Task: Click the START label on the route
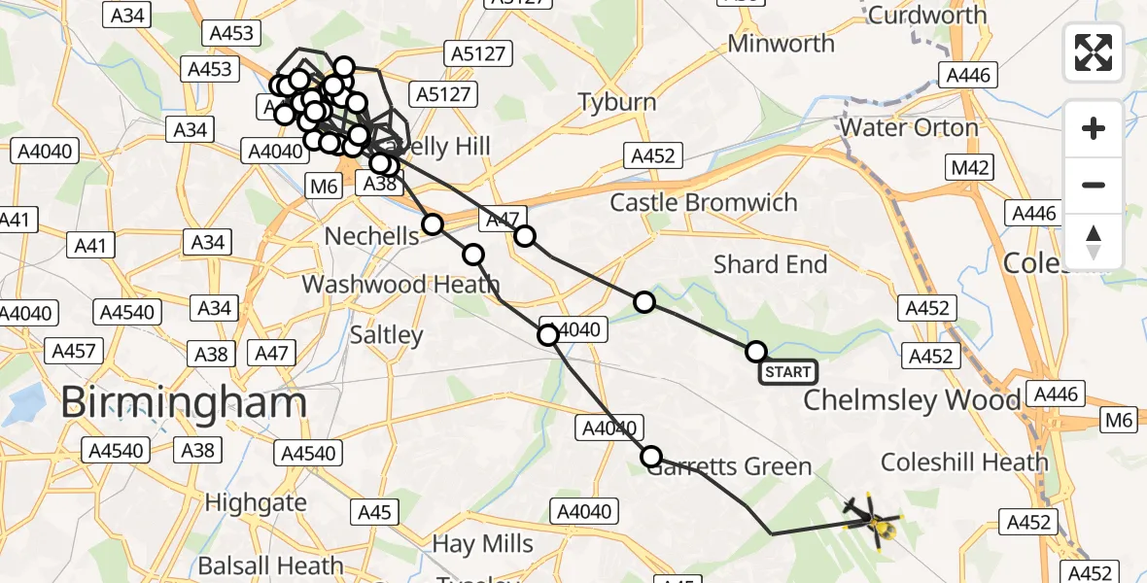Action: (x=787, y=371)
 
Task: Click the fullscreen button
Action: (x=1094, y=52)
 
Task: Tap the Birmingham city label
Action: (x=184, y=402)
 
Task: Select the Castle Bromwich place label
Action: (x=704, y=202)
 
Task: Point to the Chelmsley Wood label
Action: (x=912, y=399)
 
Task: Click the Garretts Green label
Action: (x=729, y=467)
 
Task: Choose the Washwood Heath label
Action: (x=400, y=285)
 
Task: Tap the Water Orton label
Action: (x=909, y=127)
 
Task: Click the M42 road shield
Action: (x=970, y=167)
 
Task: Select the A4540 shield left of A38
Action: (x=117, y=450)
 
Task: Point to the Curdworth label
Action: (x=926, y=16)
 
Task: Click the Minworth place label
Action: (x=781, y=44)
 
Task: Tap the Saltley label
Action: (x=388, y=335)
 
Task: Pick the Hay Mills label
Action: (x=483, y=543)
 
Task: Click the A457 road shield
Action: (x=75, y=351)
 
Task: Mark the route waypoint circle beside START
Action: (x=755, y=351)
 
